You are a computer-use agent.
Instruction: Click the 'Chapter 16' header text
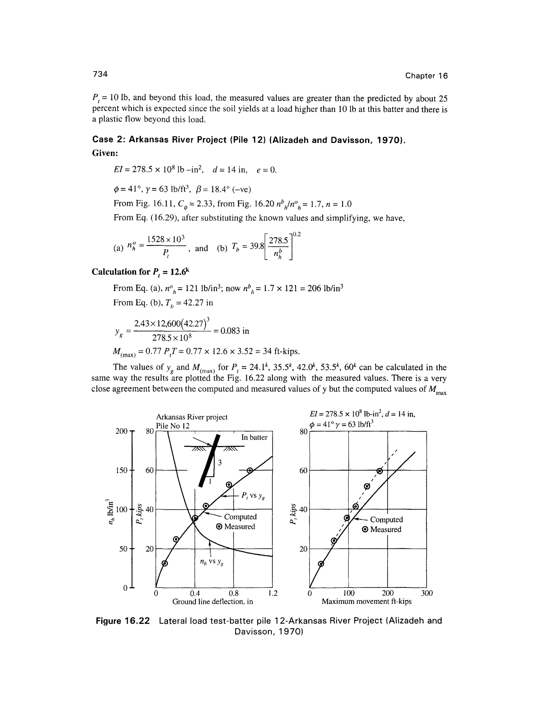(426, 76)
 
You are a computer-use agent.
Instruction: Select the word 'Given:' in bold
(105, 153)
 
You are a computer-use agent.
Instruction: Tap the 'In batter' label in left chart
(254, 437)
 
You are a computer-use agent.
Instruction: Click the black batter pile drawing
(209, 461)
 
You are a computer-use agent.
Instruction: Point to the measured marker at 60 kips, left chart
(250, 470)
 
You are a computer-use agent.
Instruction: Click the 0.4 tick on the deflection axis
(195, 593)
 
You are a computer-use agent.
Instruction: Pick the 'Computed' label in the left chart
(240, 517)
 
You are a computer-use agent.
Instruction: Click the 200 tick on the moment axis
(388, 593)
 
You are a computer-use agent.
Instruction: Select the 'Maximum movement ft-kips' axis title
(366, 602)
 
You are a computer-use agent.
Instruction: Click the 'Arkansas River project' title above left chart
(191, 417)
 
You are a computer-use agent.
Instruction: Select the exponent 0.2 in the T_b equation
(296, 234)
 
